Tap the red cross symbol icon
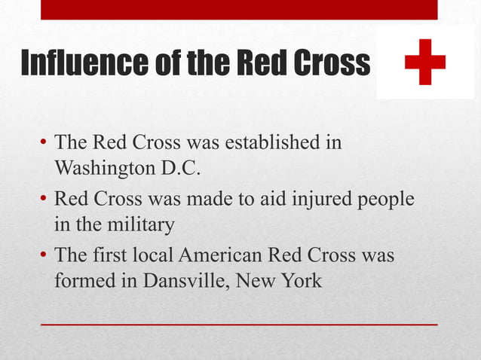click(x=424, y=63)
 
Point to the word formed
click(x=81, y=281)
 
